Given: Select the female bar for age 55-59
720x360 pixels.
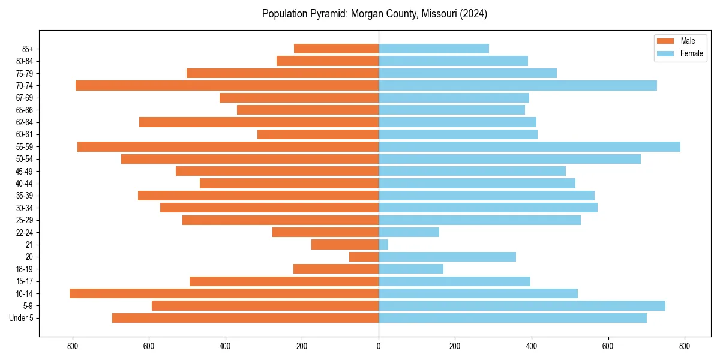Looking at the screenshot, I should [x=529, y=147].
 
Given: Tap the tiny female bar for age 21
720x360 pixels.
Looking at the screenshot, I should [x=383, y=245].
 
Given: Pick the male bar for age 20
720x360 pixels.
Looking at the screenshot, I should [x=364, y=257].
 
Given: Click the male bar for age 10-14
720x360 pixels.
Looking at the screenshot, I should [x=224, y=293].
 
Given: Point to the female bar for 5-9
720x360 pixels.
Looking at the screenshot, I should [x=522, y=306].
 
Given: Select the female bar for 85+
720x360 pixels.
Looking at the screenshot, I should [x=434, y=49].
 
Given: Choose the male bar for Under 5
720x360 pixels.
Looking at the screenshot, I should [x=245, y=318].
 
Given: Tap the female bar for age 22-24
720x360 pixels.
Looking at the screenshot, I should [x=409, y=232].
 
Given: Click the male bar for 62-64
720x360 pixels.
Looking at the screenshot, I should [x=259, y=122].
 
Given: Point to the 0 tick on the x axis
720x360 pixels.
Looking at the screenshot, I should [x=379, y=346].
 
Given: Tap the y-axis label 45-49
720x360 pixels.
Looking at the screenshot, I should [x=25, y=172].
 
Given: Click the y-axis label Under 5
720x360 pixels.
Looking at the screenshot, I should [x=22, y=318].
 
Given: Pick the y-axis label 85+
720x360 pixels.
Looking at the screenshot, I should [x=28, y=49].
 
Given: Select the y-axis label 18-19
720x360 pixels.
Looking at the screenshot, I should [x=25, y=269].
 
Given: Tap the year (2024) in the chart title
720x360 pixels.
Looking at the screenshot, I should [x=470, y=14].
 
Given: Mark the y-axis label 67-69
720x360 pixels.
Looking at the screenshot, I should [x=25, y=98].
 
